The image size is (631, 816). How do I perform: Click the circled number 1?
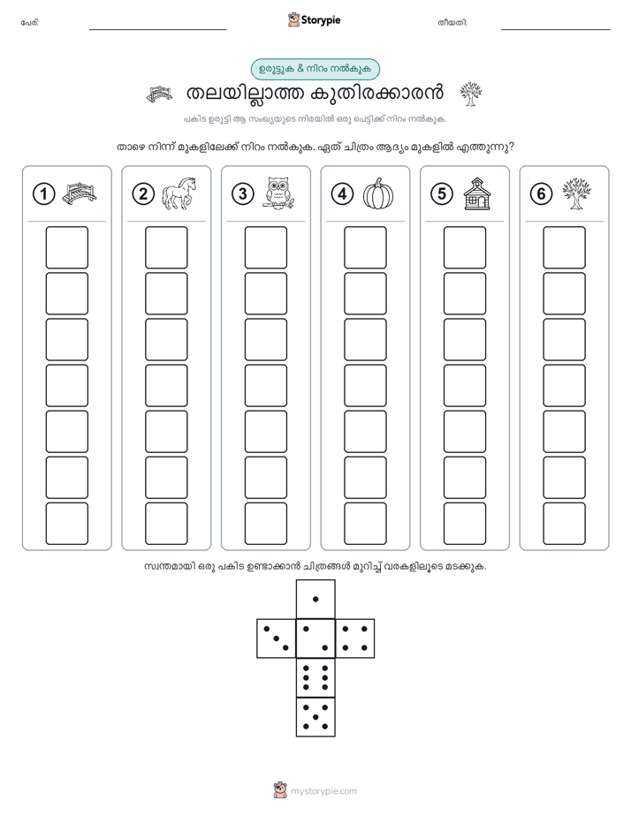click(x=43, y=194)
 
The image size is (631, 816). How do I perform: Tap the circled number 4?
click(x=342, y=194)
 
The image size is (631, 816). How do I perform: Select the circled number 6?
click(x=541, y=194)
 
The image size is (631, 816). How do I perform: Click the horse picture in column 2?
click(x=179, y=193)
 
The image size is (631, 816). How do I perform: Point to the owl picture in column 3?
click(x=278, y=193)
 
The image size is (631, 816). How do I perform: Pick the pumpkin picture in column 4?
click(x=378, y=193)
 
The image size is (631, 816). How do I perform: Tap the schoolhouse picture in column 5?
click(x=477, y=193)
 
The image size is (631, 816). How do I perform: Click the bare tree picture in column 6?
click(x=577, y=193)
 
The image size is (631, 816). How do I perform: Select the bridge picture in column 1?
click(x=80, y=193)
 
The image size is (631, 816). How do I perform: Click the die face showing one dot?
click(x=315, y=599)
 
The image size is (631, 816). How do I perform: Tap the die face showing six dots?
click(x=315, y=677)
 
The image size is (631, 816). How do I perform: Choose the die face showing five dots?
click(x=315, y=716)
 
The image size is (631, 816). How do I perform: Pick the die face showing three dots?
click(x=277, y=638)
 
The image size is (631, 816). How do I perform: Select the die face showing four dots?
click(x=354, y=638)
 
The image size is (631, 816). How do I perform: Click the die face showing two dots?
click(x=315, y=638)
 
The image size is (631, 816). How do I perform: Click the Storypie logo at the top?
click(x=314, y=19)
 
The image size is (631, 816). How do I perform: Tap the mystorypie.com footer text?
click(x=323, y=791)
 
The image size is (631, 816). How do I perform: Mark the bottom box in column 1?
click(x=66, y=524)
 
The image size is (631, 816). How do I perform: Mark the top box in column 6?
click(x=564, y=247)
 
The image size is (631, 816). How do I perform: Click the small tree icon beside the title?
click(x=471, y=94)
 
